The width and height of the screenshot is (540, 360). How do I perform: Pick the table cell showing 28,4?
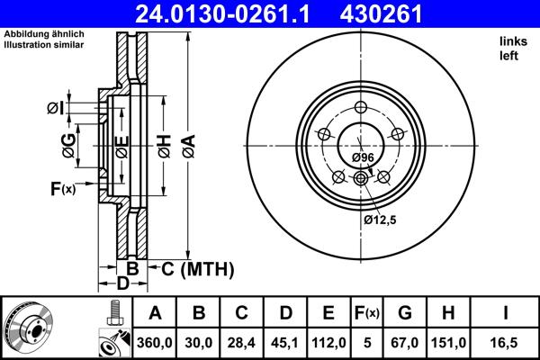[x=242, y=343]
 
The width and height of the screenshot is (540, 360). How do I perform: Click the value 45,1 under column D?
[x=285, y=343]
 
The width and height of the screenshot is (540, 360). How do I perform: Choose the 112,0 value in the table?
[x=328, y=343]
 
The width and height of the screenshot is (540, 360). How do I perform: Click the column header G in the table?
[x=406, y=314]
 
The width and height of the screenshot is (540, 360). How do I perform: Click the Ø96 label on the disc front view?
[x=363, y=157]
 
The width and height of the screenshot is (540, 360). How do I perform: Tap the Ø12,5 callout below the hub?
[x=379, y=219]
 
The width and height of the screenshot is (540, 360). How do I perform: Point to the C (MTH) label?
[x=197, y=268]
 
